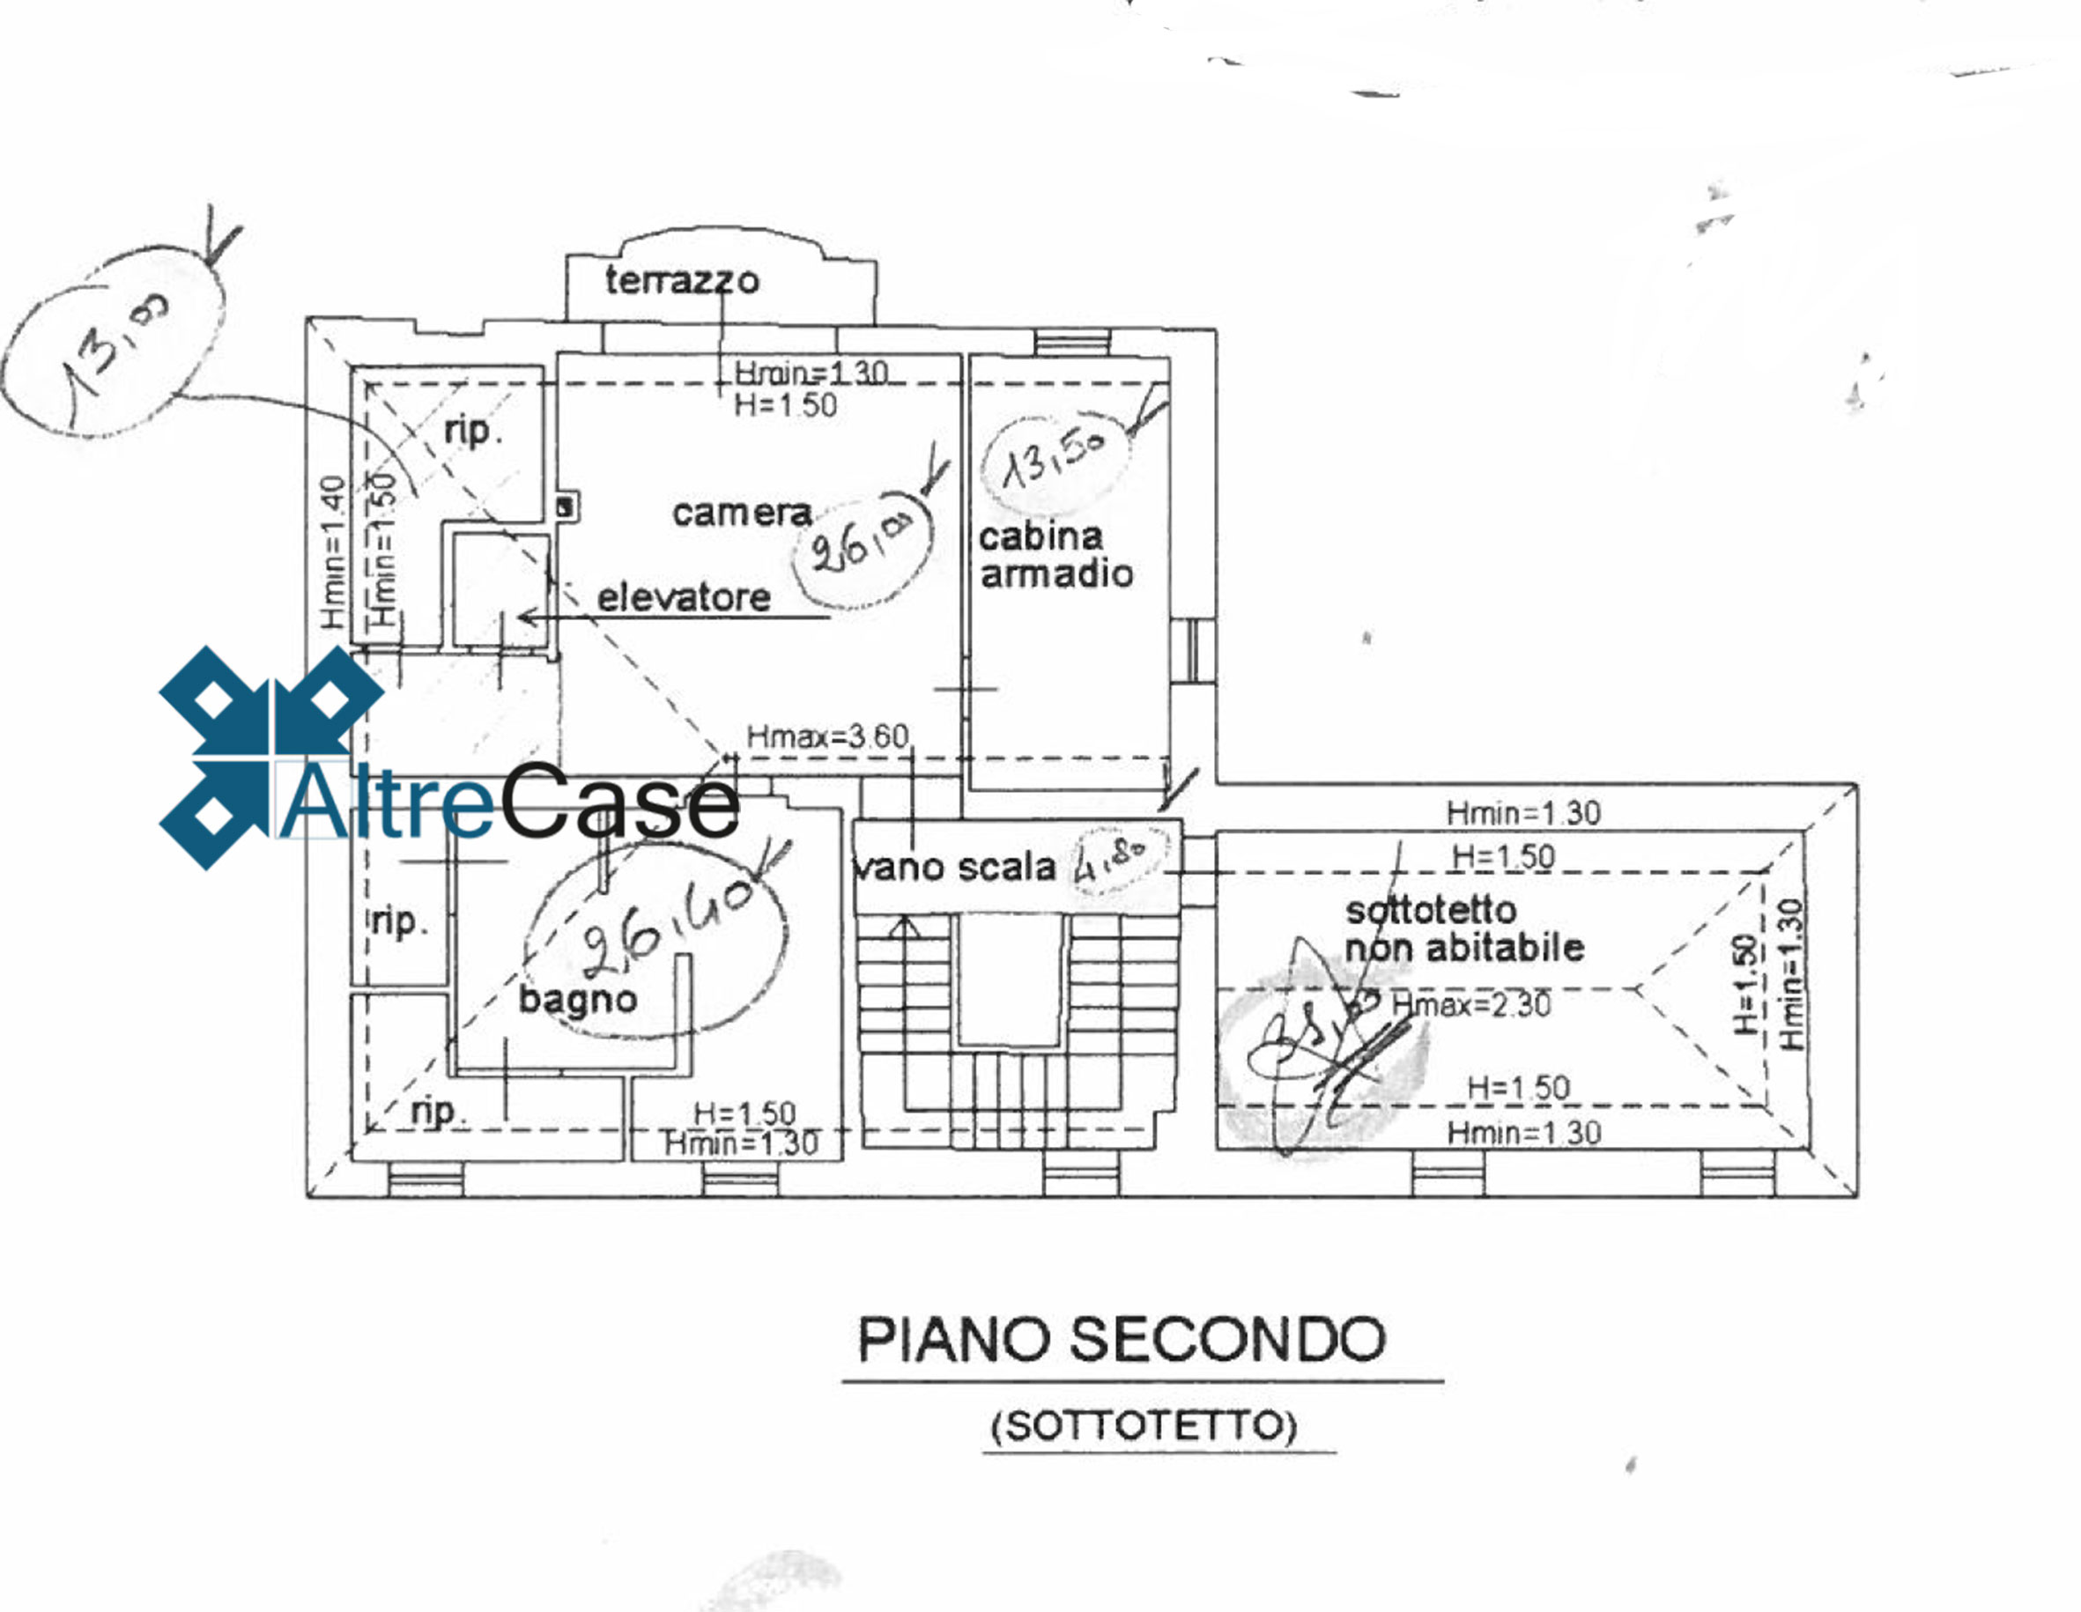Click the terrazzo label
[x=682, y=280]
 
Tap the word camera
[x=741, y=514]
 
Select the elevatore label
[x=683, y=598]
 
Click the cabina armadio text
[x=1055, y=556]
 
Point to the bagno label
[x=577, y=1000]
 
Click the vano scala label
[x=954, y=867]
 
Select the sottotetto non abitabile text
[x=1463, y=930]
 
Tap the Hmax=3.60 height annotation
[x=827, y=736]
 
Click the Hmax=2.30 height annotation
[x=1471, y=1004]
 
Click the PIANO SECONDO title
[x=1122, y=1340]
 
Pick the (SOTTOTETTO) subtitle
[x=1144, y=1426]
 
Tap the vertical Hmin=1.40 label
[x=331, y=552]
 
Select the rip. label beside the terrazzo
[x=472, y=431]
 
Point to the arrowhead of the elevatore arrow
[x=524, y=617]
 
